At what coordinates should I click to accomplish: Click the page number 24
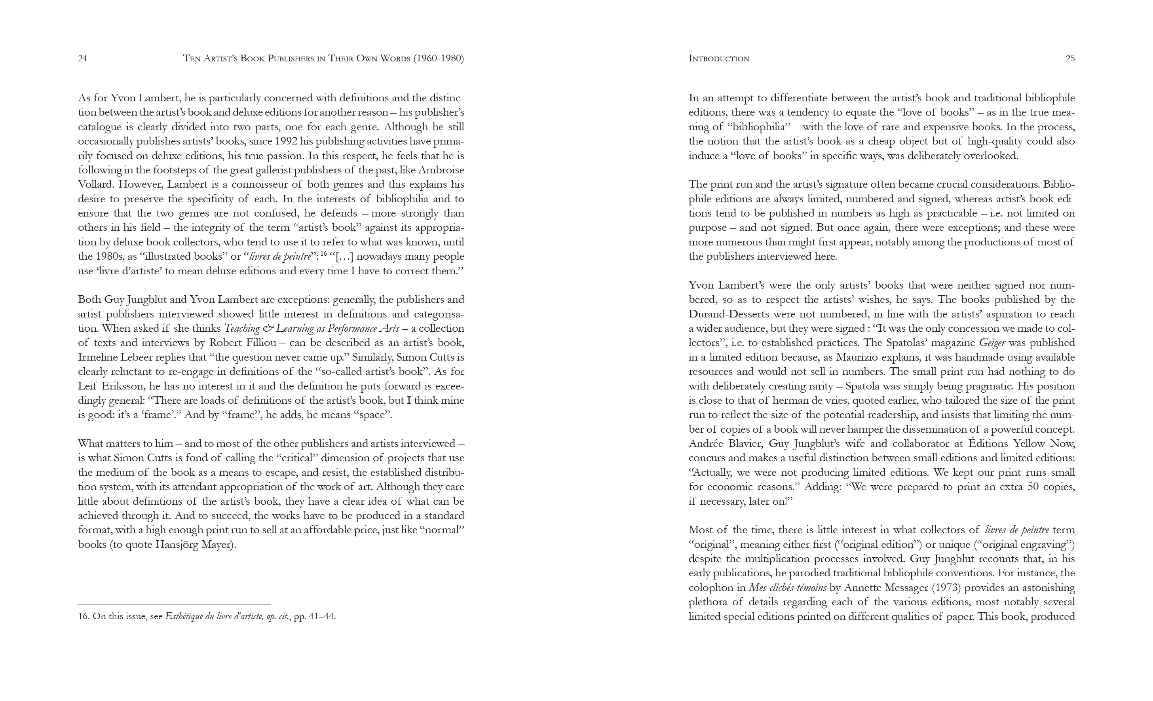(x=82, y=59)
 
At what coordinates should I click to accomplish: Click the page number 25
(x=1070, y=59)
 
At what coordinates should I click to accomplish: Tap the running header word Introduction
(x=719, y=59)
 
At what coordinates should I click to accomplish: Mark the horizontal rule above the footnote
(x=174, y=605)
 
